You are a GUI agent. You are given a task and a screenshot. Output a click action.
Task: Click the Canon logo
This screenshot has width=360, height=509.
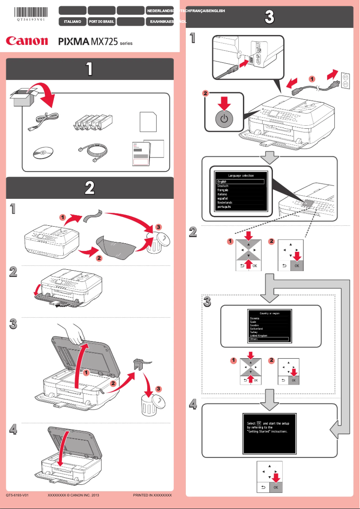[26, 41]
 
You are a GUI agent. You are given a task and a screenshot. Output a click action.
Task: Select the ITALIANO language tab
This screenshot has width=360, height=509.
[72, 21]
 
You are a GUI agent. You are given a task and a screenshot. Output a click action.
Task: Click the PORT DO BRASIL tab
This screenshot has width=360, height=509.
[101, 21]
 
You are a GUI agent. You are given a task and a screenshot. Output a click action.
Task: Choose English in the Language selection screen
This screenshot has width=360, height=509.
[240, 181]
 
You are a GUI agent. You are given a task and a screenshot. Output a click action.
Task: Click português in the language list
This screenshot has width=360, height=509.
[224, 207]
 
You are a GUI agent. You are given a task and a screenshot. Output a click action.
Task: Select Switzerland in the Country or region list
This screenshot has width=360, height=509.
[257, 329]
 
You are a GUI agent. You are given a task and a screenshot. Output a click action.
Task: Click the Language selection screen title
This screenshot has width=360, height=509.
[241, 176]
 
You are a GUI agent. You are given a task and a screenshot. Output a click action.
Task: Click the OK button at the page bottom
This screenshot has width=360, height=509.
[276, 486]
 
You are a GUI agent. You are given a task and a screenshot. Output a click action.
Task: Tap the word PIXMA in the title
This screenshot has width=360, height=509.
[74, 42]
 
